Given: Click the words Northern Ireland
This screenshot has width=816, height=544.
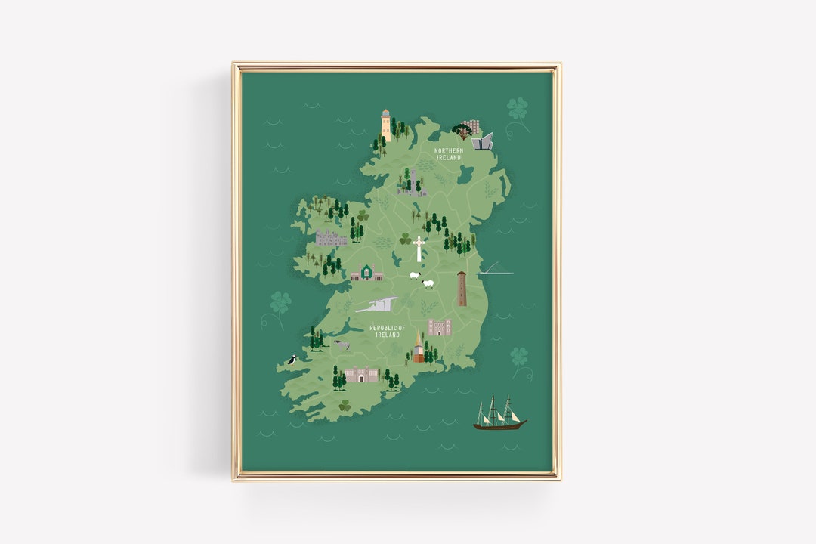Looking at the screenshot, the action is pos(449,154).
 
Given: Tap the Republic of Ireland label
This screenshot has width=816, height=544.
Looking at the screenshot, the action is pos(387,331).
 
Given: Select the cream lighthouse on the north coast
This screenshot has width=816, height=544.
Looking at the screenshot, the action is pos(386,125).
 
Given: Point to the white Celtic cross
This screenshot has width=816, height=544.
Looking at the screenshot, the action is pos(419,249).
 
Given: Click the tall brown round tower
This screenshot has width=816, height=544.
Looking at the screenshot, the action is pos(462,289).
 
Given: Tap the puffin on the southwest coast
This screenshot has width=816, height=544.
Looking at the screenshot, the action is pos(291,361).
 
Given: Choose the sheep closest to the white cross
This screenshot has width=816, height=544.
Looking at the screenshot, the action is pos(414,275).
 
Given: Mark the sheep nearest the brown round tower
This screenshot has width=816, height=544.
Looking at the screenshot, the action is pos(428,284).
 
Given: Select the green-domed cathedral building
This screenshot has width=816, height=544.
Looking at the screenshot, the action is pos(367,273).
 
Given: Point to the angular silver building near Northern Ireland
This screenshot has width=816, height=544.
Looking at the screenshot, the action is pos(482,141).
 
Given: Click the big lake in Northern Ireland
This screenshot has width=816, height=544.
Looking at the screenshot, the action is pos(465,175).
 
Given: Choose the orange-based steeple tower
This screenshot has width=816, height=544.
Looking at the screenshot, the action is pos(418,348).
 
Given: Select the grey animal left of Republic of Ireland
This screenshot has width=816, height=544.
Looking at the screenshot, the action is pos(342,345).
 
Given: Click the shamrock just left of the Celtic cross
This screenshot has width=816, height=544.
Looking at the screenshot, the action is pos(405,240).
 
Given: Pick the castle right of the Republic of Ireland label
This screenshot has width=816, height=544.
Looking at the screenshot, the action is pos(438,326).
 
